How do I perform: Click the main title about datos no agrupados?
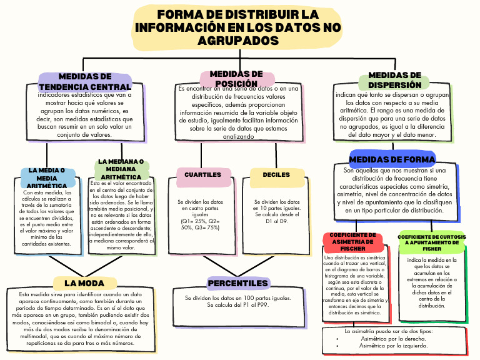(237, 27)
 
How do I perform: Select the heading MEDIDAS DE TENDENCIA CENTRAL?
(85, 81)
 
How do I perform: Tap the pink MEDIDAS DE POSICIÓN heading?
(236, 79)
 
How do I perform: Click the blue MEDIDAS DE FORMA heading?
(392, 159)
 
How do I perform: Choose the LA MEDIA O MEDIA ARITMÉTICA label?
(47, 178)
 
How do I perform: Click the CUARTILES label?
(202, 175)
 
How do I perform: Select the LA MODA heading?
(84, 284)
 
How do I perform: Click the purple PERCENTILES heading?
(237, 284)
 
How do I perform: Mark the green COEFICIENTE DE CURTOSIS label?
(432, 241)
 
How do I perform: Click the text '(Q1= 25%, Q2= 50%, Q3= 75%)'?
(199, 224)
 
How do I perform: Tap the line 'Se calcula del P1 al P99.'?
(237, 305)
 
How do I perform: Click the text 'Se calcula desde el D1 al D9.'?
(276, 217)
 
